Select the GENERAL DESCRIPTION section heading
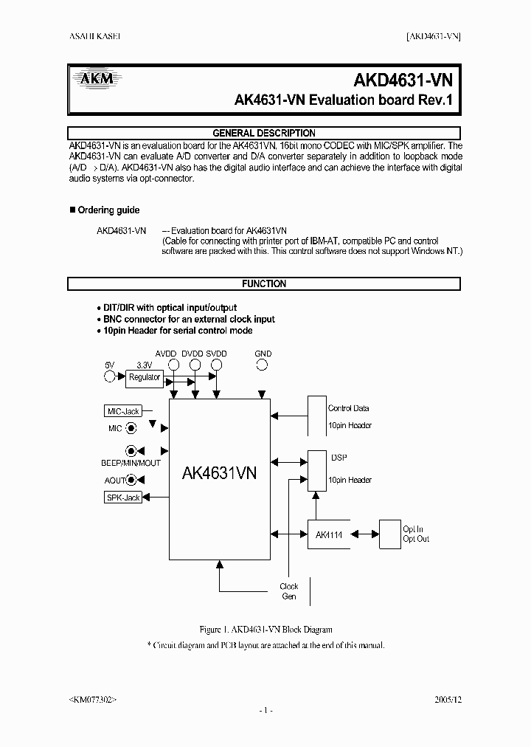click(264, 134)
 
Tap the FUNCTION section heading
click(264, 283)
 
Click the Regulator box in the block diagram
click(145, 377)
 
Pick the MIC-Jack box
click(123, 411)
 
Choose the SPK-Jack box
click(123, 498)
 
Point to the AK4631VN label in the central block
click(219, 473)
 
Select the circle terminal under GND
click(263, 365)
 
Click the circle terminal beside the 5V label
click(111, 377)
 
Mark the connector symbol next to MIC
click(131, 428)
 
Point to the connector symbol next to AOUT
click(131, 481)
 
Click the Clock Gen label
click(288, 591)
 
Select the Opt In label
click(413, 529)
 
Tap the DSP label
click(339, 458)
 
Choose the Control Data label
click(348, 408)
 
